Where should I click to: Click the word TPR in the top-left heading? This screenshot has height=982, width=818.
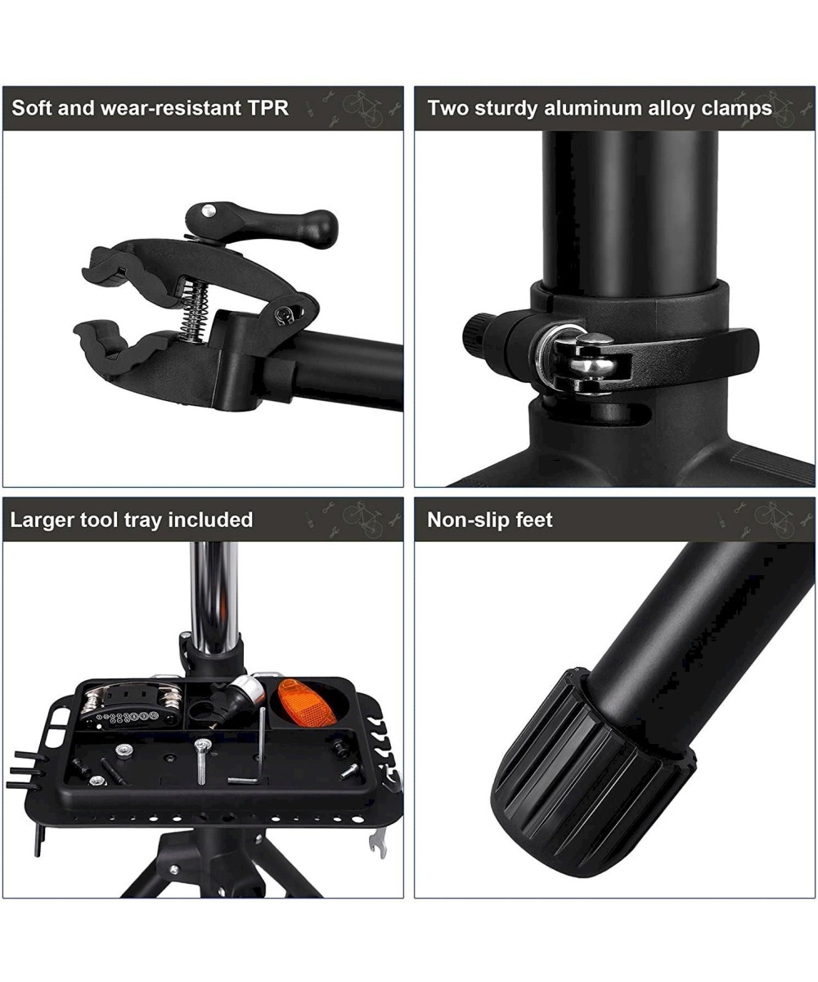pos(268,108)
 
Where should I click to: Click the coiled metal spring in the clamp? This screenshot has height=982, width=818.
pos(194,310)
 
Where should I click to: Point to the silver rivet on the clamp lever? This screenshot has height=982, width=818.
pos(209,209)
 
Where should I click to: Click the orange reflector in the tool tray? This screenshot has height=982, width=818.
pos(307,702)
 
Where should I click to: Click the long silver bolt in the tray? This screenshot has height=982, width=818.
pos(202,761)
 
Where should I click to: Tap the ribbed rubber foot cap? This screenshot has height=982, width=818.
pos(591,775)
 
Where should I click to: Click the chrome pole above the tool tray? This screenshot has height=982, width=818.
pos(214,597)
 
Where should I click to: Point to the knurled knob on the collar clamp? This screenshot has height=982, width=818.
pos(477,334)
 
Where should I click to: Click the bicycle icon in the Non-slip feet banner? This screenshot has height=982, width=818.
pos(775,519)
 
